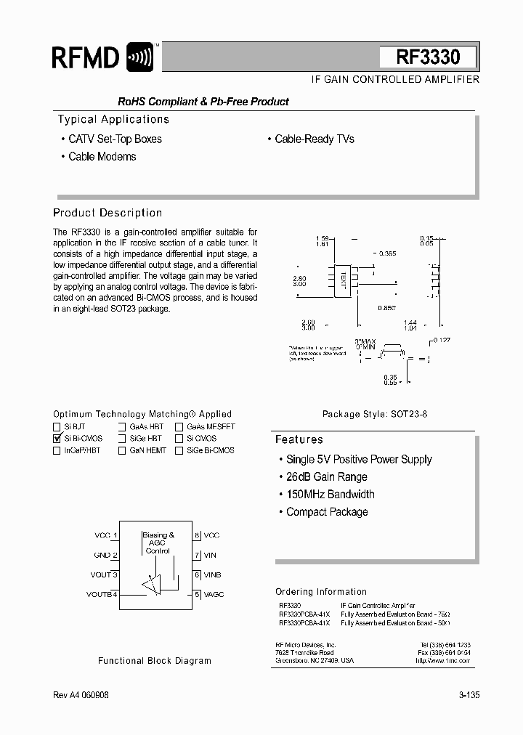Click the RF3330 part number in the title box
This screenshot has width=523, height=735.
428,57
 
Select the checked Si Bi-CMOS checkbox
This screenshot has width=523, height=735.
57,439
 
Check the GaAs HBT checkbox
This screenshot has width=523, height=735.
122,427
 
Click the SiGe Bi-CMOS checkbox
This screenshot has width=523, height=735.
179,450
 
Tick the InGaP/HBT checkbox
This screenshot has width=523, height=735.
57,450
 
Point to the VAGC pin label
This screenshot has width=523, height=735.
214,594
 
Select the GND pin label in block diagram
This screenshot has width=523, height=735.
102,555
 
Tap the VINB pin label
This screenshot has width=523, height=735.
213,574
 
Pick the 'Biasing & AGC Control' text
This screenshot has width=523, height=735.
158,543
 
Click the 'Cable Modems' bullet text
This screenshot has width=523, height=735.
102,156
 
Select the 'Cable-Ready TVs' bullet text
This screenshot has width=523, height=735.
314,139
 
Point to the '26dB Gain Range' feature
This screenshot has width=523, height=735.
326,476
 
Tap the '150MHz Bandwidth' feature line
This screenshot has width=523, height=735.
330,494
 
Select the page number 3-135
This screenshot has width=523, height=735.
469,695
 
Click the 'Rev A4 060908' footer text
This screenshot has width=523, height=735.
81,695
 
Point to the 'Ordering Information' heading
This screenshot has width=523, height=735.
321,592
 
